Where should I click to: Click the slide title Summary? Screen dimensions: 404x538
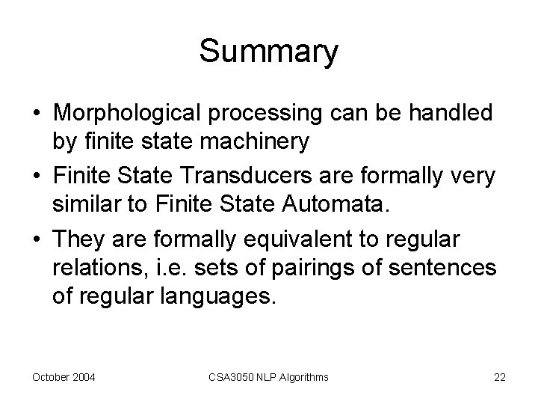coord(269,52)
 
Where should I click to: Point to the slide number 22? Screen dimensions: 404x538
coord(500,377)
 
